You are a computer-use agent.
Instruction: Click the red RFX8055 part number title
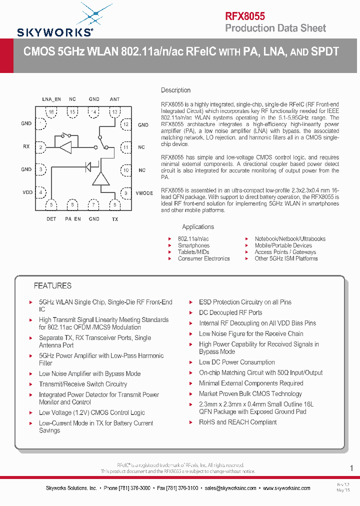tap(244, 16)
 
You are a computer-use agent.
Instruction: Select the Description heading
tap(175, 90)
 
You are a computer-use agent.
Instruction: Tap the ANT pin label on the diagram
tap(114, 99)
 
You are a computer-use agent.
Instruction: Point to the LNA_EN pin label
tap(51, 99)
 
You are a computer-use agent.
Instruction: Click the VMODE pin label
tap(144, 193)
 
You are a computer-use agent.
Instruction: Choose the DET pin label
tap(51, 219)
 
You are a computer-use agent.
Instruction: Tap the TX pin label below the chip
tap(114, 219)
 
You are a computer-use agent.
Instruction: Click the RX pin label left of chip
tap(26, 146)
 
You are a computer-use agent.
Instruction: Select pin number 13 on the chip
tap(114, 111)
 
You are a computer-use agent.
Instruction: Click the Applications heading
tap(198, 227)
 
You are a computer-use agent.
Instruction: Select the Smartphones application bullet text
tap(193, 245)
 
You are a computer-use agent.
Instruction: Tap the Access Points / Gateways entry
tap(285, 252)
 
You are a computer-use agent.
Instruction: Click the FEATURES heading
tap(52, 286)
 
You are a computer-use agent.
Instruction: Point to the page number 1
tap(351, 468)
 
